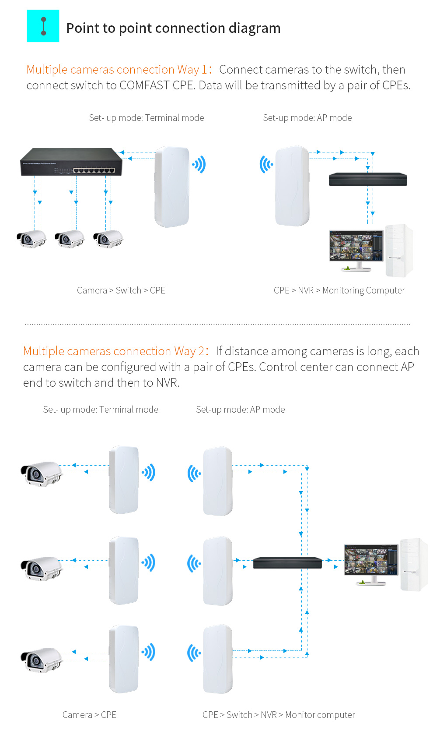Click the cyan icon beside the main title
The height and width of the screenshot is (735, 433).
[x=43, y=26]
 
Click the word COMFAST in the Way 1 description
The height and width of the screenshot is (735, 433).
[x=144, y=85]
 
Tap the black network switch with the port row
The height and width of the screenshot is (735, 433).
[x=71, y=162]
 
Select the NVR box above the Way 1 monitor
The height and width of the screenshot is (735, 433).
[x=368, y=179]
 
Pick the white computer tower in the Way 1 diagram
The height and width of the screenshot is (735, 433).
[x=399, y=251]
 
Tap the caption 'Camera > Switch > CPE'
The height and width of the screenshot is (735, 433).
[x=121, y=290]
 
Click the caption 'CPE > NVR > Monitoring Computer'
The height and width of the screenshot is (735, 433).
[x=339, y=290]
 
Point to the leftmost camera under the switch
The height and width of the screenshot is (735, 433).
[x=31, y=239]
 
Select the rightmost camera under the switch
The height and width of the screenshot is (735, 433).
[x=108, y=239]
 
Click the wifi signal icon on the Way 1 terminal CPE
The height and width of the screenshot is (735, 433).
[x=199, y=165]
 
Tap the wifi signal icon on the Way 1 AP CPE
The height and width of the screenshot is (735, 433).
[x=266, y=165]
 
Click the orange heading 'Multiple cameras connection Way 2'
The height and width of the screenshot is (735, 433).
[x=113, y=351]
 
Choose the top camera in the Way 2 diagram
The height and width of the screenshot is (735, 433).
[x=41, y=474]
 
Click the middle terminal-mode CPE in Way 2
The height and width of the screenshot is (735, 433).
[x=124, y=570]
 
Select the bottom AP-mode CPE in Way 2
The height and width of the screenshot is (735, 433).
[x=217, y=659]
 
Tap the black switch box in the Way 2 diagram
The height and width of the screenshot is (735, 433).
[x=287, y=562]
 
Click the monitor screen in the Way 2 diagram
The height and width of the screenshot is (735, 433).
[x=371, y=559]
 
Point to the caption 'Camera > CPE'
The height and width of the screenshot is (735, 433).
[x=89, y=715]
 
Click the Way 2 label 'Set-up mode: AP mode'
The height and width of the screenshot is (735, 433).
[x=240, y=410]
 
